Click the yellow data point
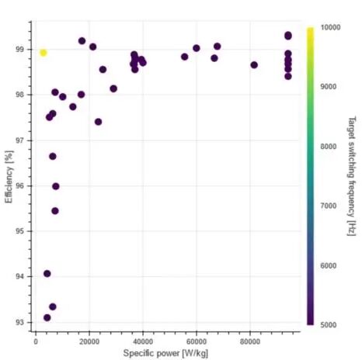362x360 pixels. coord(44,53)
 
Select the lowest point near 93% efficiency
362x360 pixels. coord(47,317)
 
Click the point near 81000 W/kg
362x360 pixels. coord(254,65)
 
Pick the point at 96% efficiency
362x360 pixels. coord(56,186)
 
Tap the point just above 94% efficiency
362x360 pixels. coord(47,274)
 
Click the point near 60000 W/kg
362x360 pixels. coord(197,48)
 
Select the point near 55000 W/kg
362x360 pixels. coord(185,57)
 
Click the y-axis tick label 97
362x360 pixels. coord(20,140)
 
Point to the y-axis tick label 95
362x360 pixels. coord(20,231)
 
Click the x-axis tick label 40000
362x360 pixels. coord(143,341)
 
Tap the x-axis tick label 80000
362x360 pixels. coord(250,341)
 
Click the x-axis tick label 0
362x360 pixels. coord(36,341)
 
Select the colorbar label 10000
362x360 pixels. coord(330,27)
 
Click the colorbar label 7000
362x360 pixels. coord(329,206)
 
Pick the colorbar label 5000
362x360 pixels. coord(329,325)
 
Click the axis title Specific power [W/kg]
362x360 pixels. coord(165,353)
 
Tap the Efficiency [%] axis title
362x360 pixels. coord(9,177)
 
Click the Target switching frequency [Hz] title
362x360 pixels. coord(352,176)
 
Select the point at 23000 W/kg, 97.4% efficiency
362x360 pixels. coord(98,122)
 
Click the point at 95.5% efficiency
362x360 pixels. coord(55,211)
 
